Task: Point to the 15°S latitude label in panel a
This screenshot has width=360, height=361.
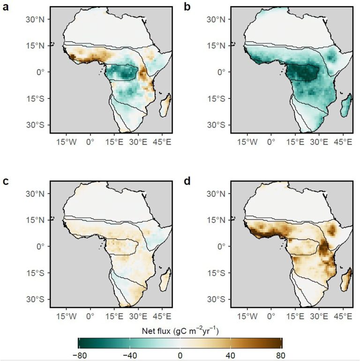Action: coord(35,98)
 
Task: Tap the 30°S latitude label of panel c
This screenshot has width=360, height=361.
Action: coord(35,299)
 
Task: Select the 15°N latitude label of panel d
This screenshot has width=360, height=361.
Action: coord(216,219)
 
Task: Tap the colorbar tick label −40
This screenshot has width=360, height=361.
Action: coord(129,355)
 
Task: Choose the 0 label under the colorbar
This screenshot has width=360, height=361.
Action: coord(180,355)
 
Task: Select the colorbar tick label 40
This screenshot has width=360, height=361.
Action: coord(231,355)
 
